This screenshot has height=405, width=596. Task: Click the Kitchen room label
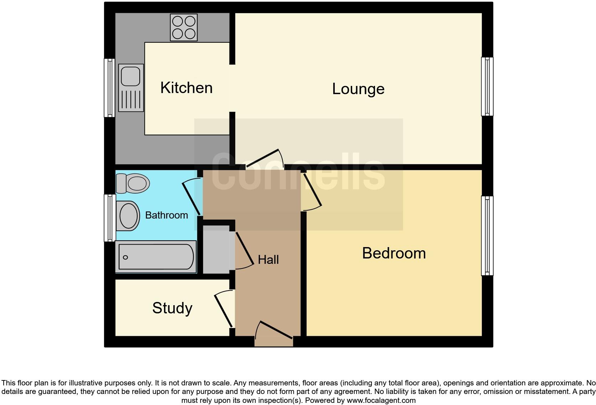186,88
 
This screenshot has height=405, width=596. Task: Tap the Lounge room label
358,89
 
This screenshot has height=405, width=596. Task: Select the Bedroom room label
394,253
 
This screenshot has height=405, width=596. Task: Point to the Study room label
172,308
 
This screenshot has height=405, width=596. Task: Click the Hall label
268,260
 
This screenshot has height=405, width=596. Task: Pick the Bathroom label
166,215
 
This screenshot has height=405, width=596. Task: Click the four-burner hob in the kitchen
184,27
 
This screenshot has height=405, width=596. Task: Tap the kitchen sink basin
130,76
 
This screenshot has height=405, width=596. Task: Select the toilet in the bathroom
133,183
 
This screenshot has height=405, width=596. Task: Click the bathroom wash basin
128,216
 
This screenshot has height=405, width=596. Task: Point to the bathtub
156,257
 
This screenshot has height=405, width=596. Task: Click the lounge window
487,87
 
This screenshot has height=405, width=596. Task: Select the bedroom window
487,236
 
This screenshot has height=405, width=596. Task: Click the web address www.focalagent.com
381,400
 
